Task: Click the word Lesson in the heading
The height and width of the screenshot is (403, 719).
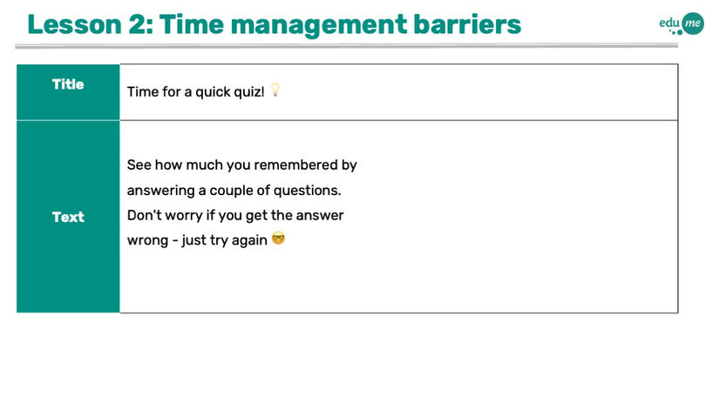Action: pos(74,24)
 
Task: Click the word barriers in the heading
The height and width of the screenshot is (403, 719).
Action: pos(467,24)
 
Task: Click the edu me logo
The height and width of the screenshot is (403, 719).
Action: pos(682,24)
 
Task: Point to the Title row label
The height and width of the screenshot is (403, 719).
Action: pos(68,84)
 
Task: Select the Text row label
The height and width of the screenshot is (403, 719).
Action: pos(68,217)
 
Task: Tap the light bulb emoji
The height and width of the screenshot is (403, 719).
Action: pos(275,90)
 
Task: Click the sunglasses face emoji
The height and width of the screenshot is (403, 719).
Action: pos(278,238)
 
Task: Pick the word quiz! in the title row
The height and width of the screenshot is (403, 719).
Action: pos(249,92)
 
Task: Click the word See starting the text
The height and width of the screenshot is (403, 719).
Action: pos(139,165)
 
